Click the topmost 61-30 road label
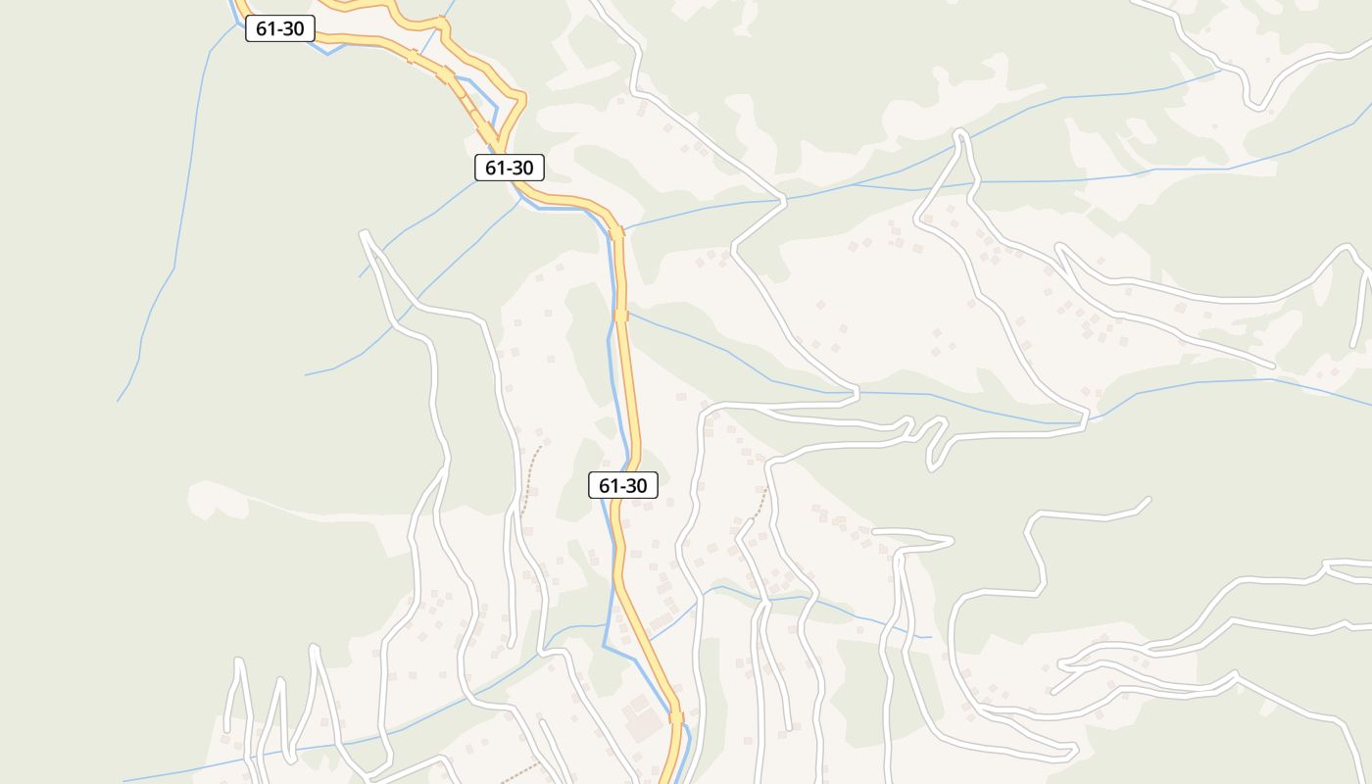279,28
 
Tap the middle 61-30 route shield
509,168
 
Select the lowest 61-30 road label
622,485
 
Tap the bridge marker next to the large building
675,717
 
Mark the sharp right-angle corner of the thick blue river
604,646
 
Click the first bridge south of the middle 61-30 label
615,233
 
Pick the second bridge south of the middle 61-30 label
620,316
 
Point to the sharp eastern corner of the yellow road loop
521,98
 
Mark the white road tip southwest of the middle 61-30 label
365,234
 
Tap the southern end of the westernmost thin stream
119,400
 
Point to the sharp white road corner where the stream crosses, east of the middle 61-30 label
782,202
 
